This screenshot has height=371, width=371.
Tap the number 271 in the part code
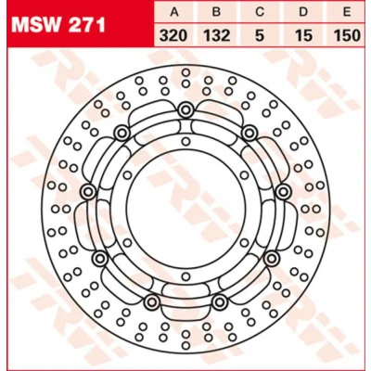click(x=87, y=25)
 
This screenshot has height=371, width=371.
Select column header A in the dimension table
click(x=174, y=12)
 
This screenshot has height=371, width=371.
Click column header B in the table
click(x=217, y=12)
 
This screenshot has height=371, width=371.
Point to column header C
click(x=260, y=12)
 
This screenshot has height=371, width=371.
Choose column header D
click(x=303, y=12)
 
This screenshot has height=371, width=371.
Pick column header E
click(x=347, y=12)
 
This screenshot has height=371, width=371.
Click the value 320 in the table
click(x=173, y=35)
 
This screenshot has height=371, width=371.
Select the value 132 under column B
click(x=217, y=35)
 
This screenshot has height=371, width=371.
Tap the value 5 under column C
click(x=260, y=35)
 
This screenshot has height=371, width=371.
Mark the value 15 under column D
click(x=303, y=35)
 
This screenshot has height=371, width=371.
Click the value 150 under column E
click(x=347, y=35)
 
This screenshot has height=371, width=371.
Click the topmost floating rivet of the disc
click(x=185, y=109)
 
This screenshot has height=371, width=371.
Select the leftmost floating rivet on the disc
click(x=88, y=192)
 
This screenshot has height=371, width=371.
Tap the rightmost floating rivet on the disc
click(x=283, y=192)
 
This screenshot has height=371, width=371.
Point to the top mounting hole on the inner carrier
click(x=185, y=142)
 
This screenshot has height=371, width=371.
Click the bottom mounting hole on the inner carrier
click(x=185, y=276)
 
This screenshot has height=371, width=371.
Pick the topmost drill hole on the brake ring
click(x=185, y=72)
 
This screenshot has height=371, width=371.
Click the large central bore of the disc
click(x=185, y=209)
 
